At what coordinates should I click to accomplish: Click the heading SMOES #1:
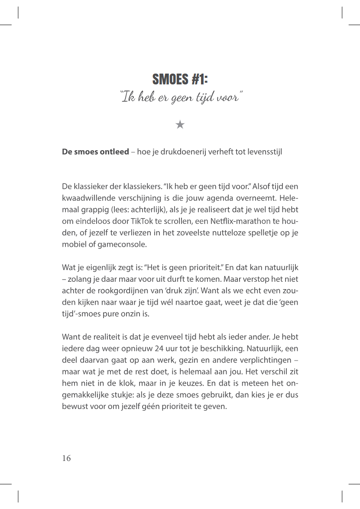tap(180, 79)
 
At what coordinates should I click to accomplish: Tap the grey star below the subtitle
tap(180, 125)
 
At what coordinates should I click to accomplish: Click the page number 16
tap(66, 458)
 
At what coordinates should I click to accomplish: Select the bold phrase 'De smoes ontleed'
tap(95, 152)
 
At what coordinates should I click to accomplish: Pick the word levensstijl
tap(264, 152)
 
